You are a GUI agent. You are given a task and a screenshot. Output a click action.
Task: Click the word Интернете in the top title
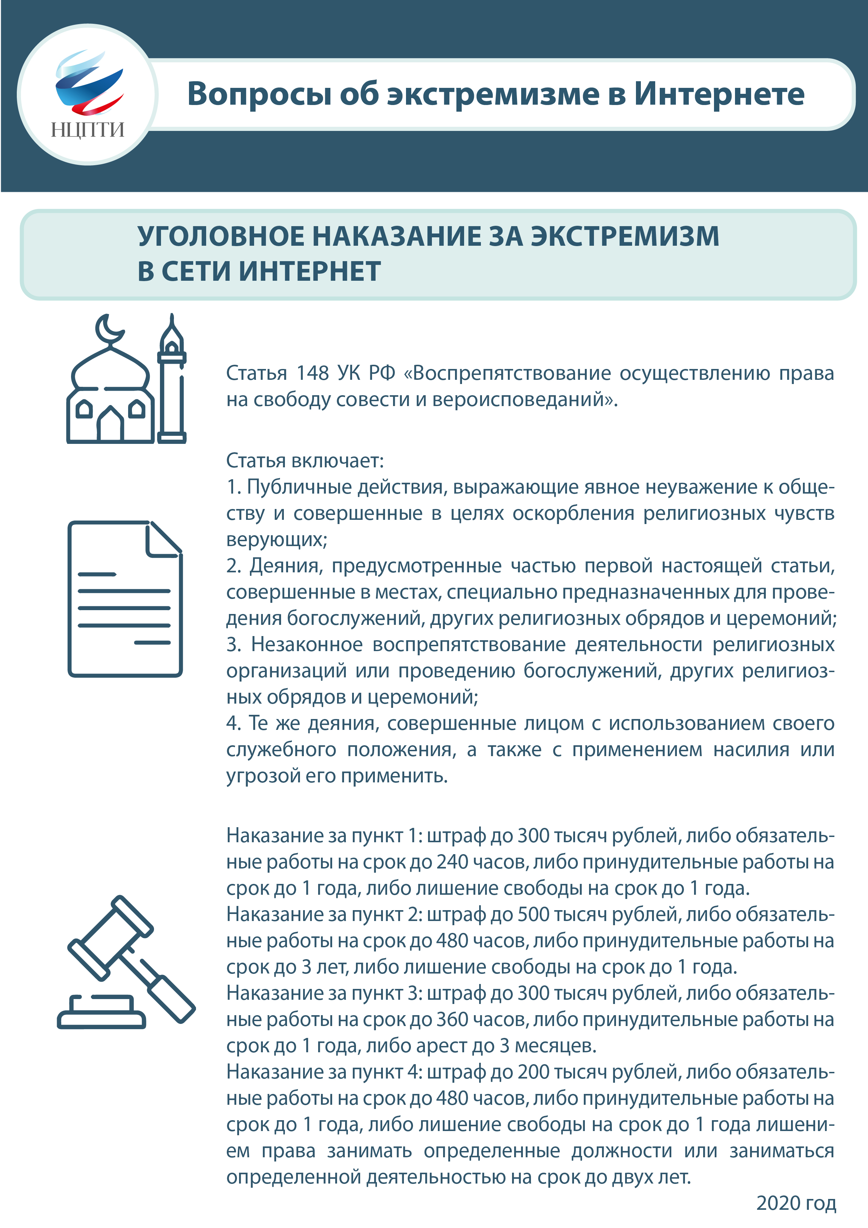coord(719,94)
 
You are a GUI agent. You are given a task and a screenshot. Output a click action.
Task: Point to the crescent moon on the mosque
coord(108,329)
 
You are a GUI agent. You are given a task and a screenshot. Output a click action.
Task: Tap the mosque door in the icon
coord(111,426)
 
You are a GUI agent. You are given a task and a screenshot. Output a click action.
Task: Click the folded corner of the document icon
coord(162,540)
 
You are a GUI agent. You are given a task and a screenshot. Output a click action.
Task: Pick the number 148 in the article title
coord(312,373)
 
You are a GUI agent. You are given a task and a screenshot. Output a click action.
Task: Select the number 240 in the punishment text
coord(453,861)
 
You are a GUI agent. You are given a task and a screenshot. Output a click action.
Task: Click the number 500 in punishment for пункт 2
coord(533,914)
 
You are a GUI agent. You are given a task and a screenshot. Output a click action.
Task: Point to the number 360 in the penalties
coord(453,1019)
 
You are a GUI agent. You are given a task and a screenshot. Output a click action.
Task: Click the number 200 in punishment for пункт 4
coord(533,1072)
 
